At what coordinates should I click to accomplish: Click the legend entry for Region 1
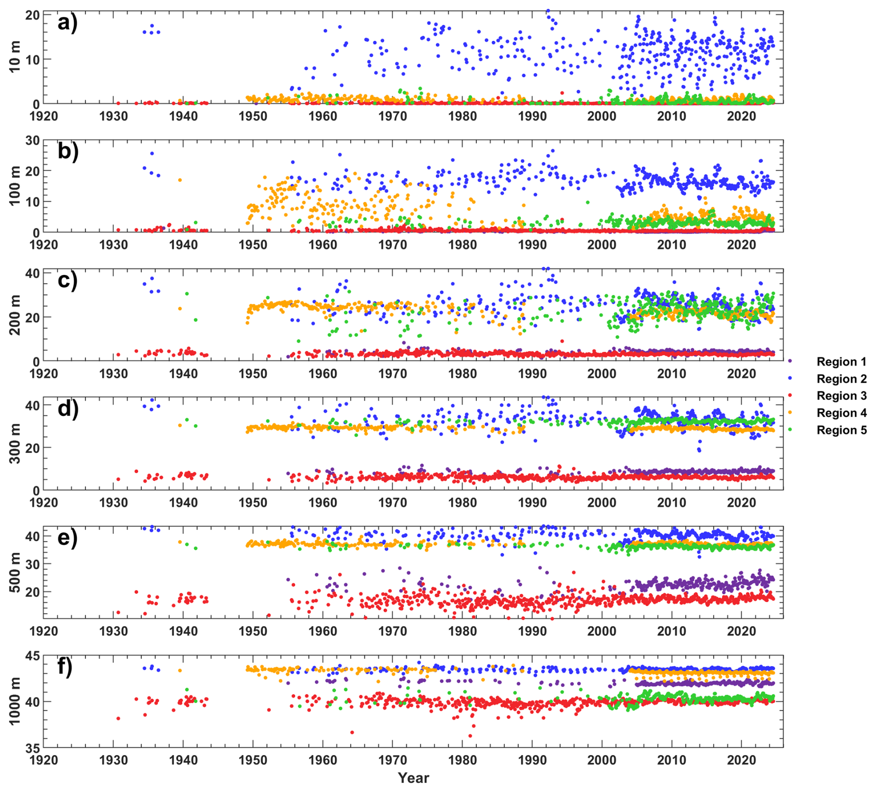click(841, 362)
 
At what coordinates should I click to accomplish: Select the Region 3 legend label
click(841, 396)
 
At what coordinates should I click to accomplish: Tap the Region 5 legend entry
click(841, 430)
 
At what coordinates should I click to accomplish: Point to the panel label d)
click(68, 409)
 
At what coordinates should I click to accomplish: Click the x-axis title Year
click(413, 778)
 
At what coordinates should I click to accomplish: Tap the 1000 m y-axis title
click(15, 701)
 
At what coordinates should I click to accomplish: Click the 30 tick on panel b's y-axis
click(32, 140)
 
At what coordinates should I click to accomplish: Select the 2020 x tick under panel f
click(741, 760)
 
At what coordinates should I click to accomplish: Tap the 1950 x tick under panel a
click(253, 116)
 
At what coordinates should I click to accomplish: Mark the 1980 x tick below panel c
click(462, 374)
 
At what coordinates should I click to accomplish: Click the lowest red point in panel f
click(470, 736)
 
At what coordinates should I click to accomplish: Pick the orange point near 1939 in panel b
click(180, 180)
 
